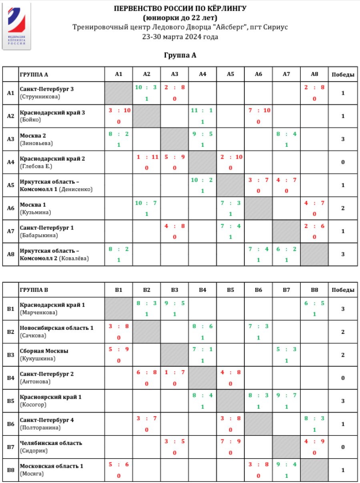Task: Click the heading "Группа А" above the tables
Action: pos(180,55)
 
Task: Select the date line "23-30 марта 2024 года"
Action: pos(180,37)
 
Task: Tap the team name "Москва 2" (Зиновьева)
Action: pos(33,136)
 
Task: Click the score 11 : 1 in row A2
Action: pos(202,110)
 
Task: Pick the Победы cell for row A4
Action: pos(343,162)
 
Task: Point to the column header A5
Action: pos(230,74)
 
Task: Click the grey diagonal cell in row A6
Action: pos(258,208)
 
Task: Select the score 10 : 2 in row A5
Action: pos(202,180)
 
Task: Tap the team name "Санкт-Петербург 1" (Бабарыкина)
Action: pos(47,228)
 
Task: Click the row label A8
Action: pos(10,254)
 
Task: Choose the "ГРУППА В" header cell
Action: pos(34,289)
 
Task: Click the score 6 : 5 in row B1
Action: pos(314,303)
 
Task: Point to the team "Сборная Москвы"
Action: pos(44,351)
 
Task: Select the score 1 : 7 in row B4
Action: pos(174,372)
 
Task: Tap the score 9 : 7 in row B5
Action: pos(286,395)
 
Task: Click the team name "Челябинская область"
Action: pos(51,443)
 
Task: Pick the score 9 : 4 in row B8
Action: pos(286,465)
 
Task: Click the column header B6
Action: pos(258,289)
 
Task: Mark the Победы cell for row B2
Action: pos(343,331)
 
